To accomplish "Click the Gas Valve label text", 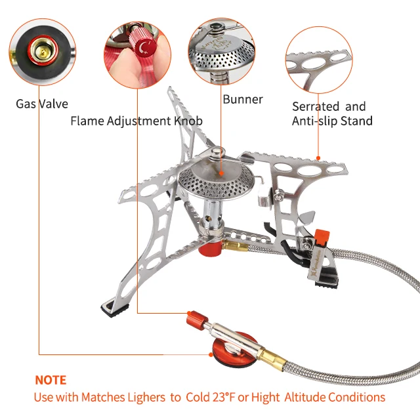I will pos(42,104).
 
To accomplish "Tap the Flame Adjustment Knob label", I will pos(136,121).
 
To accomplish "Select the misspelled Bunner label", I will pos(242,100).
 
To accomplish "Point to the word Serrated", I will pos(316,106).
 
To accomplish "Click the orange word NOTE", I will pos(51,380).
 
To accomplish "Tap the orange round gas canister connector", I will pos(234,348).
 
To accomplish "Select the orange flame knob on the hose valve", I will pos(195,321).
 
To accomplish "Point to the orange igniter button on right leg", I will pos(320,236).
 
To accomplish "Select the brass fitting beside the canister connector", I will pos(270,357).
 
